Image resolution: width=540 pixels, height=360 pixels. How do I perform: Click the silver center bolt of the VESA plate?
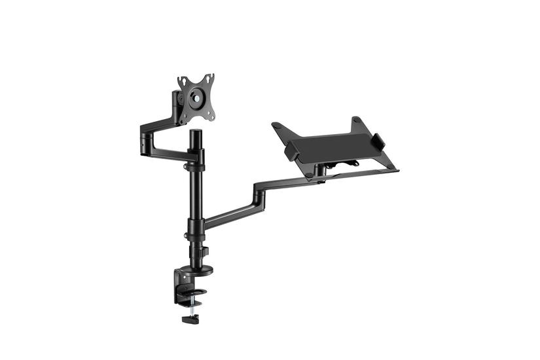tap(196, 96)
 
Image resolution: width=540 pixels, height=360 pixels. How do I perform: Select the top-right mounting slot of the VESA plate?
tap(209, 78)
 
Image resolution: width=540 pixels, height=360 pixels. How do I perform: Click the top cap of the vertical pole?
tap(195, 133)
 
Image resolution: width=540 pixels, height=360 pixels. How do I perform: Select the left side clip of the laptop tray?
tap(291, 151)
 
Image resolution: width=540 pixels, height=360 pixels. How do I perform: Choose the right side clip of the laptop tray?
tap(378, 141)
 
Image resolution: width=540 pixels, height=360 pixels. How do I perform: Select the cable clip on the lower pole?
tap(204, 251)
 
